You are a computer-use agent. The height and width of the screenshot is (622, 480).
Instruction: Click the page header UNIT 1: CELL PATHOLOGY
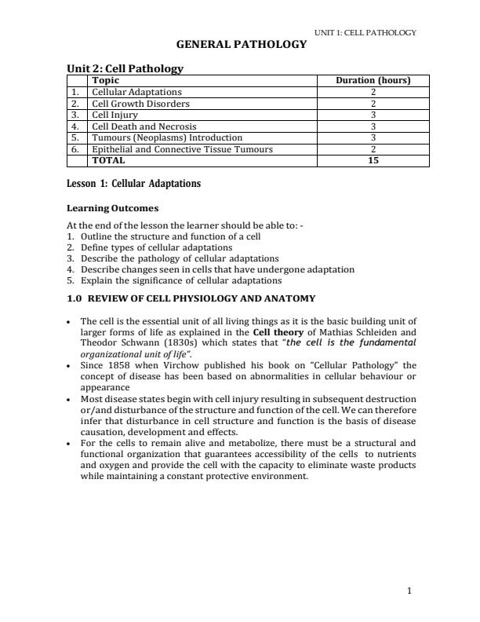(x=365, y=32)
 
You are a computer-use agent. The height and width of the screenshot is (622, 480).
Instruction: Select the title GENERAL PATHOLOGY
(x=240, y=45)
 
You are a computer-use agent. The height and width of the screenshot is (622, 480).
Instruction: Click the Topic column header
(x=106, y=80)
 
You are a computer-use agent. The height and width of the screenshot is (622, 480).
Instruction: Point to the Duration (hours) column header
(x=373, y=80)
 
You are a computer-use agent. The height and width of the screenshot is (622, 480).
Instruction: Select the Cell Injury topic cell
(x=115, y=115)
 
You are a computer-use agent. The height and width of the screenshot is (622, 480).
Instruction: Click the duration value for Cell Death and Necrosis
(x=373, y=126)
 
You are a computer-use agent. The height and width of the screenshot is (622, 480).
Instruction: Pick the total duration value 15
(x=373, y=160)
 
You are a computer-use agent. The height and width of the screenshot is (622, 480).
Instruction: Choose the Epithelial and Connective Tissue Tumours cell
(x=182, y=149)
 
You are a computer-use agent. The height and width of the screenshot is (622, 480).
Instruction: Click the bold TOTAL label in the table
(x=108, y=160)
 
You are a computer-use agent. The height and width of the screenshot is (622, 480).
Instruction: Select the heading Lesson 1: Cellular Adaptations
(x=134, y=184)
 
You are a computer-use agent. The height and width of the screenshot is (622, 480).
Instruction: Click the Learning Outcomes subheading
(x=113, y=209)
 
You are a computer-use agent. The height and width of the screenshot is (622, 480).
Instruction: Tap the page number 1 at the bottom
(x=409, y=591)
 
